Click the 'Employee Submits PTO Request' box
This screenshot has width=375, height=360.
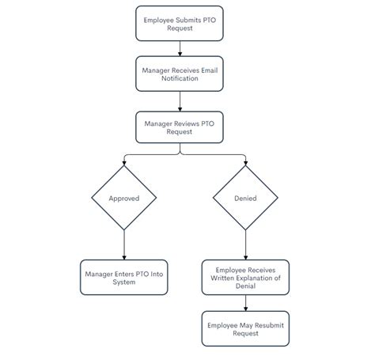point(181,22)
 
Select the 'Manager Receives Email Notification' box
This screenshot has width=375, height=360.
point(181,75)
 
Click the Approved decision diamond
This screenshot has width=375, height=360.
point(124,199)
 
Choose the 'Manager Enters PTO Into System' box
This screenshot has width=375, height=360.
point(124,277)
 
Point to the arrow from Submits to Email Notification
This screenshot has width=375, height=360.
point(181,48)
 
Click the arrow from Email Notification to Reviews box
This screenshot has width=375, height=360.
point(181,101)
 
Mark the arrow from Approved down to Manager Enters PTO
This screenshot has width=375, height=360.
point(124,244)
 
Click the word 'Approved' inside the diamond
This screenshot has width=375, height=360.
point(124,199)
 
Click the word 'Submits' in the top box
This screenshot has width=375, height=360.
point(187,18)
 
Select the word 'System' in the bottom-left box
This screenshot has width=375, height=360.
point(124,282)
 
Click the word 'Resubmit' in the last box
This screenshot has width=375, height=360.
point(262,324)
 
